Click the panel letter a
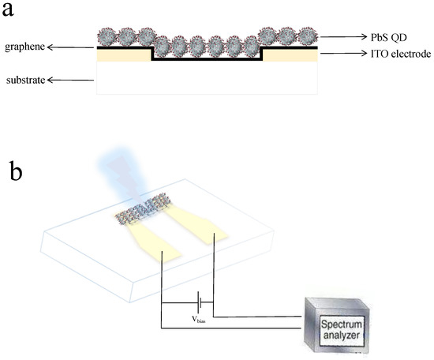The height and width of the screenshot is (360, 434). [17, 13]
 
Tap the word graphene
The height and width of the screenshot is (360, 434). [24, 47]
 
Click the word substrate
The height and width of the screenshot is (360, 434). [24, 81]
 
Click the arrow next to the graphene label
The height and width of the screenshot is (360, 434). [71, 47]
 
